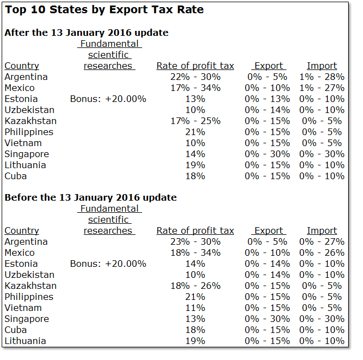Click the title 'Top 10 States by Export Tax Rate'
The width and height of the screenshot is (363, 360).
(x=104, y=10)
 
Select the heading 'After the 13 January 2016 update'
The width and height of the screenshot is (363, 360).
(x=86, y=33)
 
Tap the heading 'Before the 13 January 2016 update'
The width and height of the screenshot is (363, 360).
(x=90, y=197)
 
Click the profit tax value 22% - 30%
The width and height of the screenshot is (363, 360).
(x=195, y=77)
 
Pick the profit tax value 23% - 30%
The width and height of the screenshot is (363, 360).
(x=195, y=241)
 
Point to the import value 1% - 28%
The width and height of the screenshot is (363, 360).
(x=322, y=77)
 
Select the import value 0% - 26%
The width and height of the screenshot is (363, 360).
(x=322, y=252)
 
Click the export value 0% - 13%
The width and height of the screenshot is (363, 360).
(x=267, y=99)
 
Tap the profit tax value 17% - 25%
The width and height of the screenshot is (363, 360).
(x=195, y=121)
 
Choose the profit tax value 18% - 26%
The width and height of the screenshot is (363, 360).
(x=195, y=286)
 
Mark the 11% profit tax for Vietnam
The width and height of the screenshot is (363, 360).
(x=195, y=308)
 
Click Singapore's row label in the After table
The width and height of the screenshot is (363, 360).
(x=26, y=154)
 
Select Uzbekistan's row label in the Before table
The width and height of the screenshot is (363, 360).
(x=29, y=275)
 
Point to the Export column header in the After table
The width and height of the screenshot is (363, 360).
(x=268, y=66)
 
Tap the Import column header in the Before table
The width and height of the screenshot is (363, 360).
(x=322, y=230)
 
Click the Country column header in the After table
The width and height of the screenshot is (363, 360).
(x=21, y=66)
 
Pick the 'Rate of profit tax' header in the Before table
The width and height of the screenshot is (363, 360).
(x=195, y=230)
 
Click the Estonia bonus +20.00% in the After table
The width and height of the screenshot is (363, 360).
(x=108, y=99)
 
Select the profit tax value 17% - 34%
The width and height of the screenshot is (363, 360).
(x=195, y=88)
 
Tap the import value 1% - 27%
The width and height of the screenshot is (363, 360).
(x=322, y=88)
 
